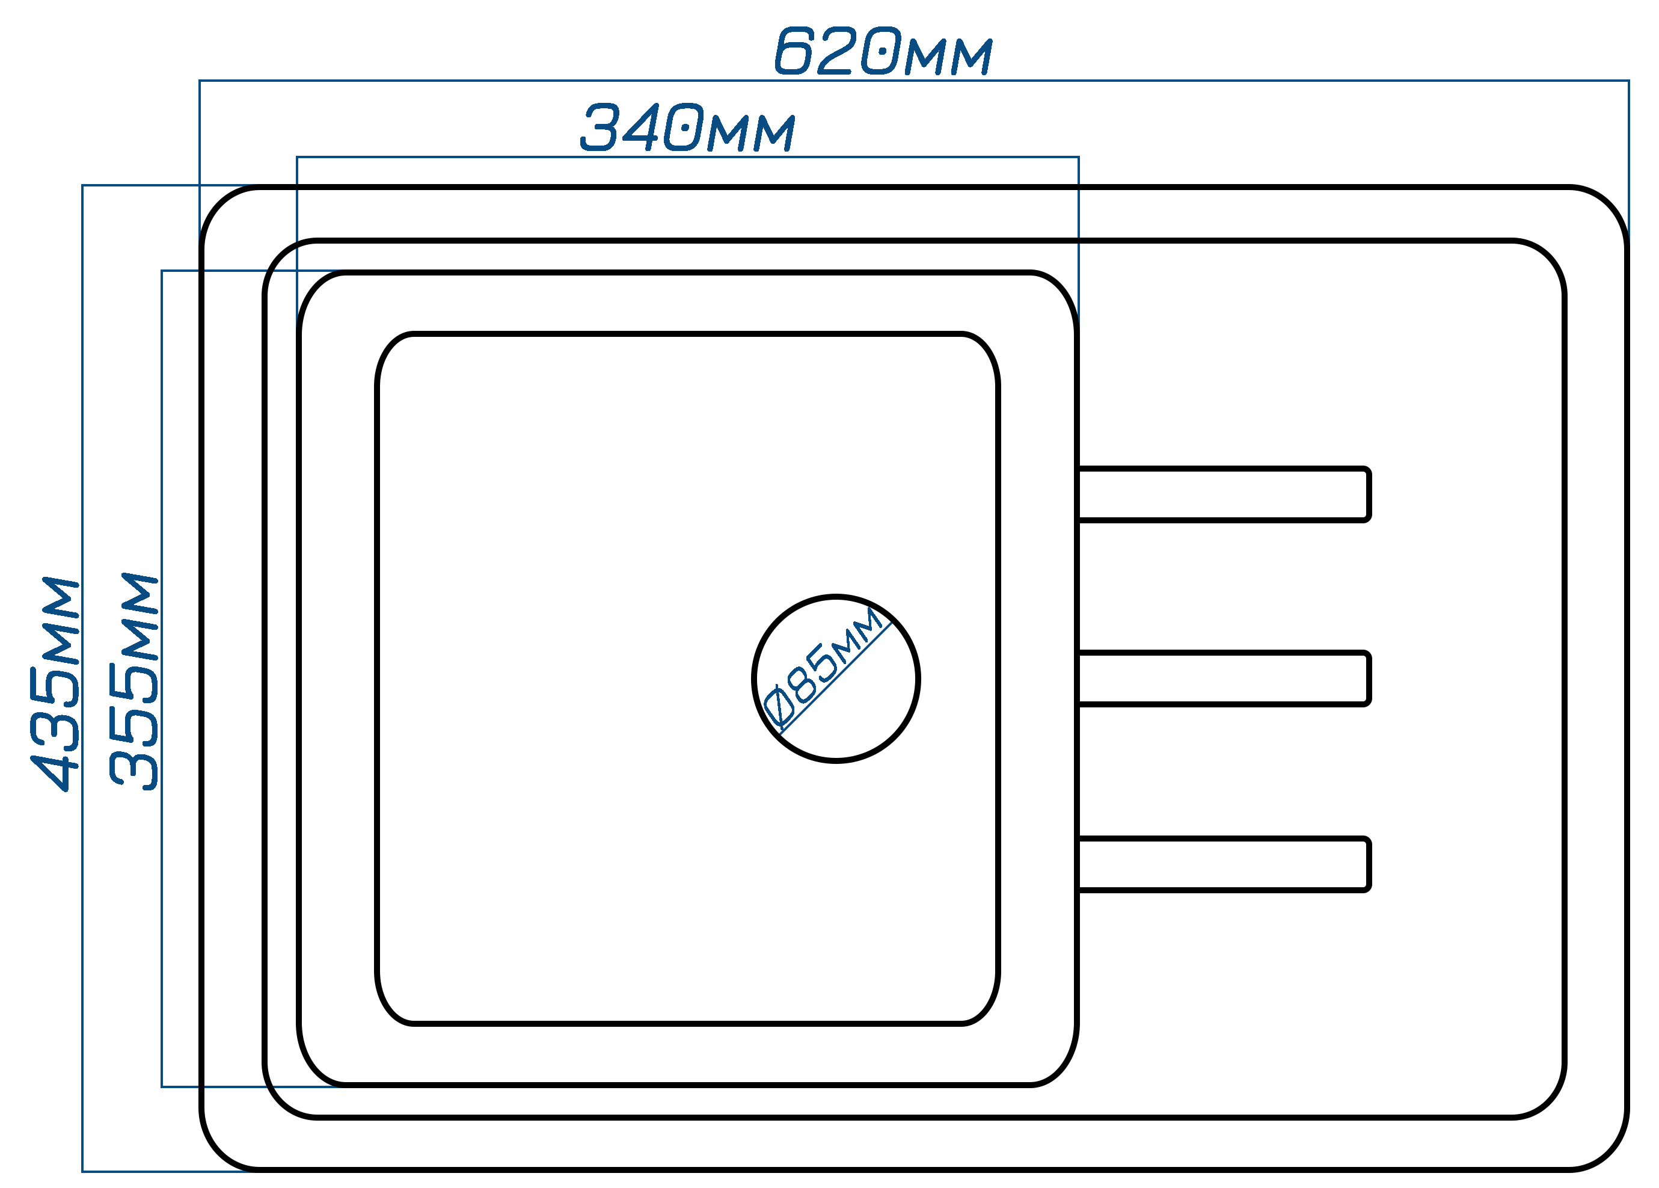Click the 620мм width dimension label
(883, 51)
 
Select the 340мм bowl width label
(687, 128)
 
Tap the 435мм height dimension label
(54, 684)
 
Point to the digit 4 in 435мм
(54, 771)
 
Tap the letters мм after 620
(948, 57)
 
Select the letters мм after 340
(752, 132)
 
